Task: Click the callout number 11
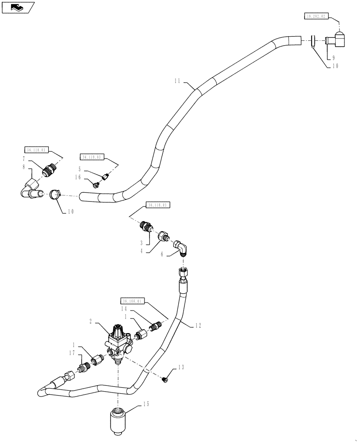177,82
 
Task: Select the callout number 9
333,58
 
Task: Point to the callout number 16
78,177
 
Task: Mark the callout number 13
180,367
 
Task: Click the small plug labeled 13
165,379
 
